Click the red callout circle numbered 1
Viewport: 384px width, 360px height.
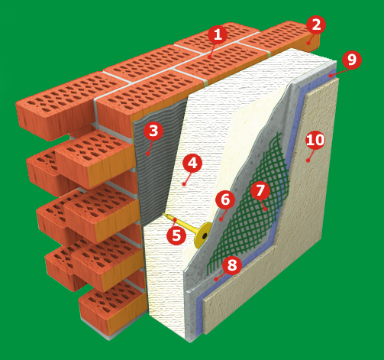click(x=218, y=34)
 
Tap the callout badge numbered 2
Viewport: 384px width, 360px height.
click(x=316, y=25)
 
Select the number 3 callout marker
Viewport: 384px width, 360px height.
click(x=153, y=131)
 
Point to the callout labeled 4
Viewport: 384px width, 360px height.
click(x=192, y=164)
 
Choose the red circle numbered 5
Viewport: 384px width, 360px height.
click(x=176, y=235)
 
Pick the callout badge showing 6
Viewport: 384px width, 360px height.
click(x=225, y=199)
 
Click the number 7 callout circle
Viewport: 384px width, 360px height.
click(x=260, y=190)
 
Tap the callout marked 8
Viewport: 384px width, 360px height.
click(x=232, y=265)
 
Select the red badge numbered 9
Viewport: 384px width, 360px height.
click(x=352, y=60)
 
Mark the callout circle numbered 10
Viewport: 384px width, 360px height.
click(x=315, y=140)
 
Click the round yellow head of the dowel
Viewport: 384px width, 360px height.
click(x=203, y=235)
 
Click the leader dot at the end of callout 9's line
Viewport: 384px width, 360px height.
click(x=330, y=75)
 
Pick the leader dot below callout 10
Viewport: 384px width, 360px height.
click(x=308, y=161)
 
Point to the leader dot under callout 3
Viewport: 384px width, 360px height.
click(x=147, y=154)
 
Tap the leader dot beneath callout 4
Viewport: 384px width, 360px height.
click(x=184, y=183)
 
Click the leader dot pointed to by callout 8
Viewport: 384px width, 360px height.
click(x=216, y=279)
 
